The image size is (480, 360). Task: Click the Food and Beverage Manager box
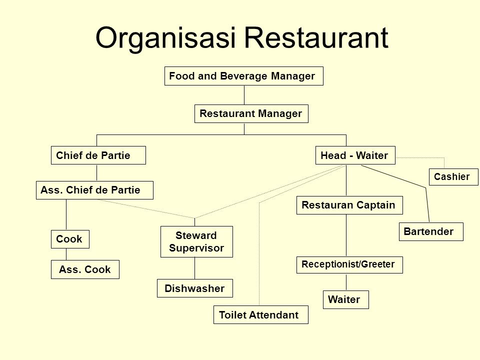(x=244, y=76)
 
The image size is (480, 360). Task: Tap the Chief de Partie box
(x=98, y=156)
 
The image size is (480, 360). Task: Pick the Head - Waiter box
(x=354, y=156)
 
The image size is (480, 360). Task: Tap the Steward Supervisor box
(x=196, y=241)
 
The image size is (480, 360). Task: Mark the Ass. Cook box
(x=85, y=270)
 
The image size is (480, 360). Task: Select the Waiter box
(x=345, y=299)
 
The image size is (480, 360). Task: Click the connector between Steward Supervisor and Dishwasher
(x=194, y=267)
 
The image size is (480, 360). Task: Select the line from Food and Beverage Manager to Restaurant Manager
(x=244, y=95)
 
